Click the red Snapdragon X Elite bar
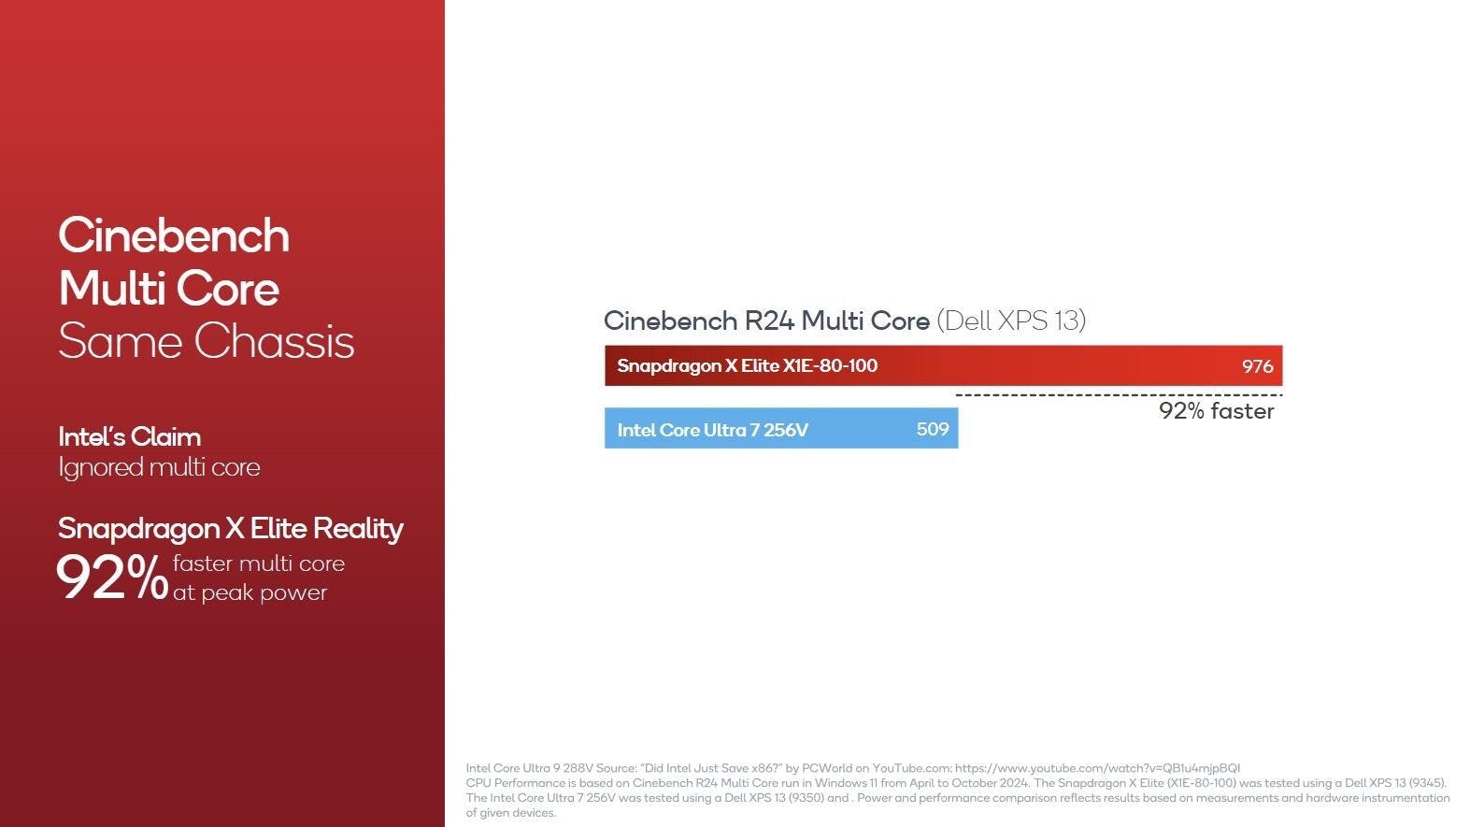point(943,365)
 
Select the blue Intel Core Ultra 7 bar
point(781,429)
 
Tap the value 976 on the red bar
point(1257,366)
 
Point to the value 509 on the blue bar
point(933,429)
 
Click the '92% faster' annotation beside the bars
point(1216,411)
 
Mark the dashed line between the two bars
point(1119,395)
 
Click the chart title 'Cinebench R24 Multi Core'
point(766,321)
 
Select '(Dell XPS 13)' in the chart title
point(1011,321)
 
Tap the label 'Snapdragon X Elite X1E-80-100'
point(747,365)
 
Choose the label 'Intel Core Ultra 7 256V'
point(713,430)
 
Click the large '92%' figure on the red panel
point(112,577)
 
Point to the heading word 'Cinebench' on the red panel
point(174,235)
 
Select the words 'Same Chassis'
point(207,341)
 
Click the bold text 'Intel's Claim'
point(130,437)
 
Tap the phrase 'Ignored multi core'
point(160,467)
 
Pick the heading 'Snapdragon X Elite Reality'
point(230,528)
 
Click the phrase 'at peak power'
point(250,592)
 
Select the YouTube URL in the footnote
point(1097,768)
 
